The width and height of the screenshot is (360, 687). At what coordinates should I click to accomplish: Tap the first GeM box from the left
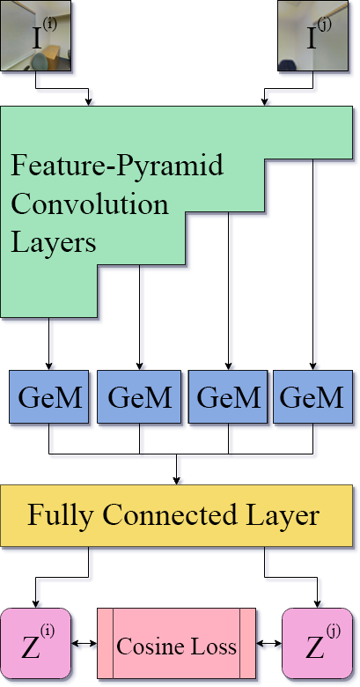[x=49, y=398]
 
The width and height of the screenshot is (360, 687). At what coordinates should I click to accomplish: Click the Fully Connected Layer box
[x=173, y=515]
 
